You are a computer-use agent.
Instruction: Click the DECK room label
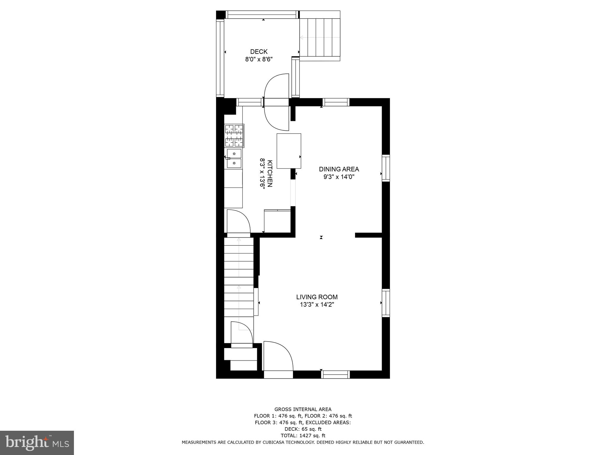click(x=259, y=52)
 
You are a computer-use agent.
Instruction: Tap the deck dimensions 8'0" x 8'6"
click(x=259, y=59)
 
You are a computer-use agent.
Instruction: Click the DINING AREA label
click(x=339, y=169)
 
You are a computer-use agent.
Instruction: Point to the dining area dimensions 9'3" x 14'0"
click(x=339, y=177)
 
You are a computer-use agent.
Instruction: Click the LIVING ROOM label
click(x=317, y=297)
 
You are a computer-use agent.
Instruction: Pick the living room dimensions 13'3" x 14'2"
click(x=317, y=305)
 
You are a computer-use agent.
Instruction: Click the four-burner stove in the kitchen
click(x=234, y=136)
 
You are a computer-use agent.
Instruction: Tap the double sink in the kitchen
click(x=234, y=158)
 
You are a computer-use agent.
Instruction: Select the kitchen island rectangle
click(x=289, y=151)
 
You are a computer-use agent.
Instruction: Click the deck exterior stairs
click(x=320, y=37)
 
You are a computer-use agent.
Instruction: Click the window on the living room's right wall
click(x=386, y=303)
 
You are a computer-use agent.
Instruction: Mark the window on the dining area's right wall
click(x=386, y=168)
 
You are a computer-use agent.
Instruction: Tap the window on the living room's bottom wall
click(x=336, y=375)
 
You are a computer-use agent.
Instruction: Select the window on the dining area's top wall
click(x=336, y=102)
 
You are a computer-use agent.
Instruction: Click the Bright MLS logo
click(x=37, y=443)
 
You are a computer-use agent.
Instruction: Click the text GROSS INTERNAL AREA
click(x=303, y=409)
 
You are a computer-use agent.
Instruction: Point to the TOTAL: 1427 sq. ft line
click(x=303, y=435)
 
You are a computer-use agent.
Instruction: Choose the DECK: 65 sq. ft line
click(x=303, y=429)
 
